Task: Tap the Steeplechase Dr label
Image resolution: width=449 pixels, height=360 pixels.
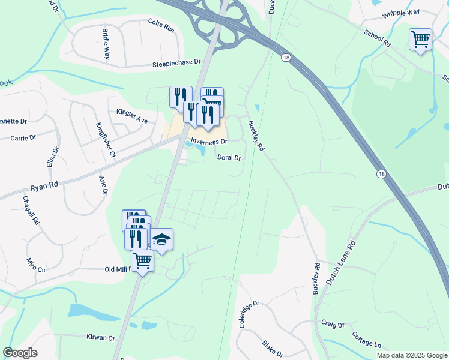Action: [176, 62]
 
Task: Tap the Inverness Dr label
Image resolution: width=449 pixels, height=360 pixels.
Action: [209, 142]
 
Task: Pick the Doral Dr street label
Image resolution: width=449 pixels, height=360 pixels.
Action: [229, 158]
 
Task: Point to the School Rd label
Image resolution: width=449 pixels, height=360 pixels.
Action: [376, 37]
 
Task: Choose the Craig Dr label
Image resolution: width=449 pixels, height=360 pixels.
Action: [333, 325]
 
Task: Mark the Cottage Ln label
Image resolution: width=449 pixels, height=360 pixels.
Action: [366, 340]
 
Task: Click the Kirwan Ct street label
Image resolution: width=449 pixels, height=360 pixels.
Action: [100, 338]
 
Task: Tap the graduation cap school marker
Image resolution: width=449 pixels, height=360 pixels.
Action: [161, 239]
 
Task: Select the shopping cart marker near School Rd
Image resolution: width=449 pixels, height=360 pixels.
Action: [420, 40]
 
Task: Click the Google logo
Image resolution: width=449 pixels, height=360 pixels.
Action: [20, 353]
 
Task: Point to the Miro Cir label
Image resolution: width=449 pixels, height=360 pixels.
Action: [36, 265]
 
